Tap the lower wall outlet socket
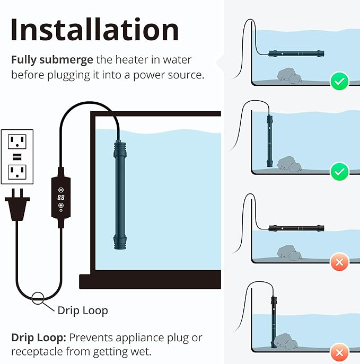pyautogui.click(x=17, y=171)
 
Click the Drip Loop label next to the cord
pyautogui.click(x=82, y=310)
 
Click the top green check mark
pyautogui.click(x=339, y=82)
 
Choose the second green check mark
pyautogui.click(x=339, y=172)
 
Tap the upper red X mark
pyautogui.click(x=339, y=262)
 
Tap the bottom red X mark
pyautogui.click(x=339, y=352)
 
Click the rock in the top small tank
pyautogui.click(x=288, y=75)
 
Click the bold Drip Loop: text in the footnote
pyautogui.click(x=38, y=338)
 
